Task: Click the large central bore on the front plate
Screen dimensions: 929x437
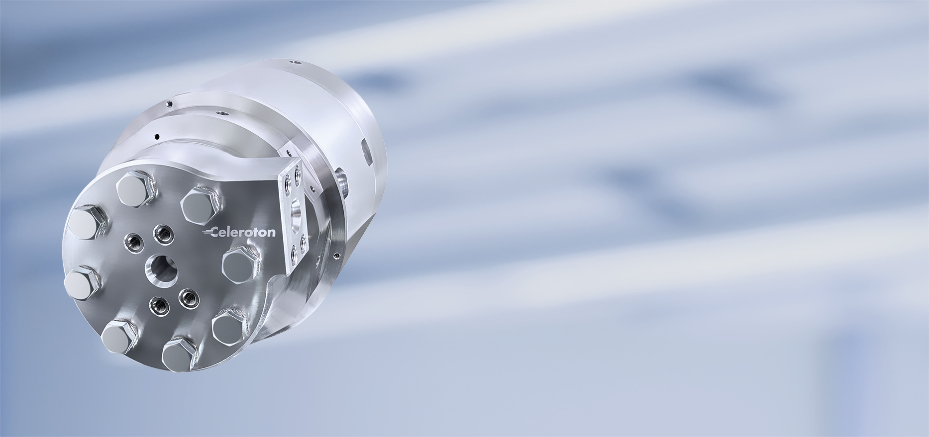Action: (x=161, y=269)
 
